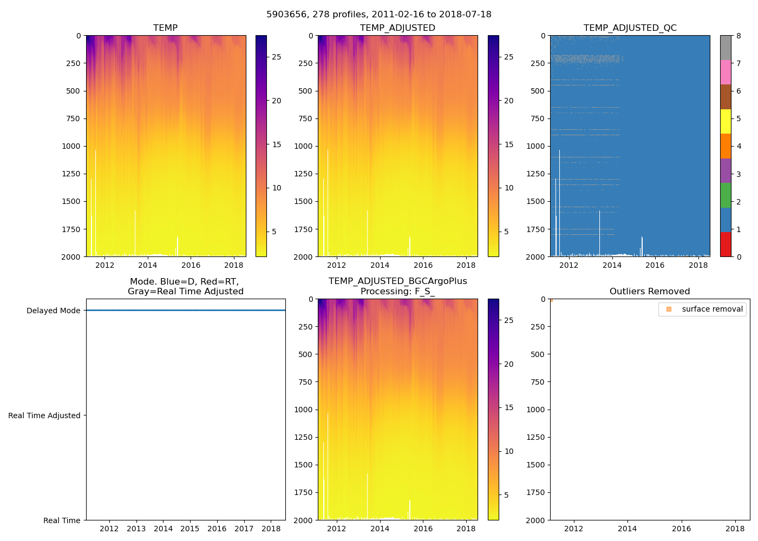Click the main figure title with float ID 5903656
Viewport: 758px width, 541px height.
(x=379, y=15)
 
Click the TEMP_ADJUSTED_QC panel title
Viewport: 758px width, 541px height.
(x=630, y=28)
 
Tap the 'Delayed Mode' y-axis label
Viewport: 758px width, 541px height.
(x=53, y=311)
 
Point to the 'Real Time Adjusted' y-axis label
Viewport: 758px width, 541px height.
(x=44, y=415)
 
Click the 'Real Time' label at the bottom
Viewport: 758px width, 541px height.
(x=62, y=520)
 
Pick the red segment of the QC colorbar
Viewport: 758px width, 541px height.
(x=726, y=245)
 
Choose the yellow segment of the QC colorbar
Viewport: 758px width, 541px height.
(x=726, y=121)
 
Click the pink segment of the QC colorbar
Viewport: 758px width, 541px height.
(x=726, y=72)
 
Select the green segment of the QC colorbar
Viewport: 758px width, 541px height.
(x=726, y=195)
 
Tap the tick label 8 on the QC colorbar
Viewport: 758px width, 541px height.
(x=739, y=36)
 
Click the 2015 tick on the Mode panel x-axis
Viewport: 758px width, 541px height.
(x=190, y=529)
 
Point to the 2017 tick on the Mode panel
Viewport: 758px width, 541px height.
(x=244, y=529)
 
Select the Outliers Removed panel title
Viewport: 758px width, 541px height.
(x=649, y=291)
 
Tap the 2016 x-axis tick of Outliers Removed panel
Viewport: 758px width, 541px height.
(x=681, y=529)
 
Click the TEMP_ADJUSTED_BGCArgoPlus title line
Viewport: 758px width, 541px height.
(x=397, y=281)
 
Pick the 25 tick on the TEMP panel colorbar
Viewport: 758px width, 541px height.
(x=277, y=57)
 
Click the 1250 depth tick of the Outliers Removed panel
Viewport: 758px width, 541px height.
(x=535, y=437)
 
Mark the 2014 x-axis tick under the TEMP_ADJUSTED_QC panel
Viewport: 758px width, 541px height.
(x=612, y=265)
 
